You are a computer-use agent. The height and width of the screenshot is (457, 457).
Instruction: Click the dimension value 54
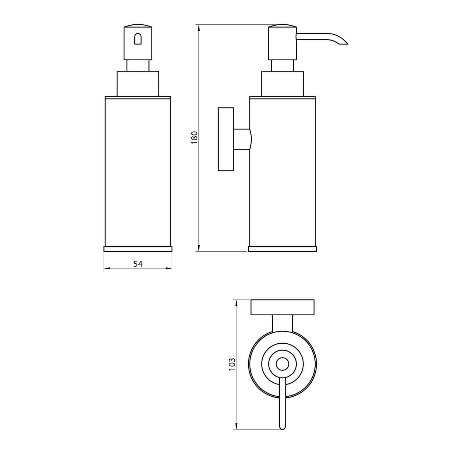click(138, 264)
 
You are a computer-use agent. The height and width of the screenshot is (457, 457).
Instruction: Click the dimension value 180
click(194, 138)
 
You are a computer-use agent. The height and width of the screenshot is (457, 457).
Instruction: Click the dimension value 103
click(232, 364)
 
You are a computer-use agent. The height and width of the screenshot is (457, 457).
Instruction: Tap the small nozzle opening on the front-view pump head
click(138, 39)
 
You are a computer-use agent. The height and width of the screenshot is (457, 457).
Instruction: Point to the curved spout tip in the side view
click(344, 43)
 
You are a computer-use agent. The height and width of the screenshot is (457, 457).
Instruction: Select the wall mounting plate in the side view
click(226, 139)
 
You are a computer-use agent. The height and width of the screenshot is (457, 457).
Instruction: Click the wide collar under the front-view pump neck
click(138, 83)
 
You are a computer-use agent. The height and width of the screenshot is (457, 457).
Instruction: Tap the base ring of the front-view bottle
click(138, 249)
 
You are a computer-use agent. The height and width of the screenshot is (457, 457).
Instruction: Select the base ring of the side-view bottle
click(282, 249)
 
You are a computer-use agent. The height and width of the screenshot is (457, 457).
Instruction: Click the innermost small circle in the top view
click(282, 364)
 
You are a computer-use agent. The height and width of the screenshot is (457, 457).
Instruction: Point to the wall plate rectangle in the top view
click(282, 307)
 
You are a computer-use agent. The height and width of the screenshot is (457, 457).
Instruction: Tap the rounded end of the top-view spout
click(282, 427)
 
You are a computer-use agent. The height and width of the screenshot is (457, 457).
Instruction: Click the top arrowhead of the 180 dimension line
click(199, 28)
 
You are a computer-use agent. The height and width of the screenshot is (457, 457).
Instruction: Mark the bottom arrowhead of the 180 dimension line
click(199, 248)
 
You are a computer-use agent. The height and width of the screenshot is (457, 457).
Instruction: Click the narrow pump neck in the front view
click(138, 66)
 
